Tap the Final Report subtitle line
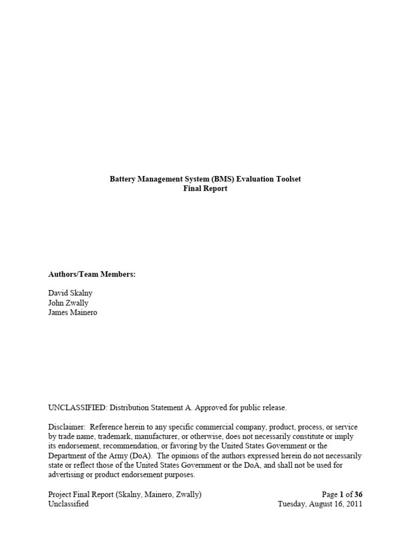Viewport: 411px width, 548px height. point(205,188)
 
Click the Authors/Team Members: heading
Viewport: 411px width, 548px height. point(92,274)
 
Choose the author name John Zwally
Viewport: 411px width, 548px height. point(68,303)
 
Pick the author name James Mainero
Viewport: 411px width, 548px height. point(73,313)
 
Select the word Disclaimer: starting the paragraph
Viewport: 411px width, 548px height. point(67,427)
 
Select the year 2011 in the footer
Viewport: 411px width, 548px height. point(354,504)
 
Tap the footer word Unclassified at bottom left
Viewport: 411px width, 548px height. point(68,504)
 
